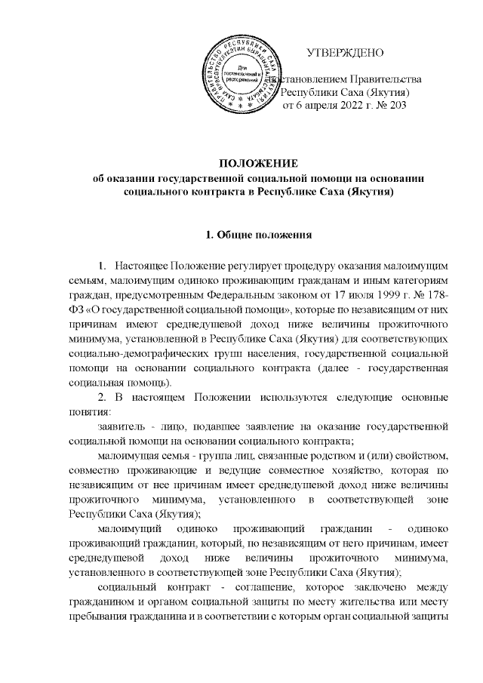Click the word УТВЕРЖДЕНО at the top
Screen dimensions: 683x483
[x=346, y=53]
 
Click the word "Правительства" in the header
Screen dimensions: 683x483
[x=387, y=78]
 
